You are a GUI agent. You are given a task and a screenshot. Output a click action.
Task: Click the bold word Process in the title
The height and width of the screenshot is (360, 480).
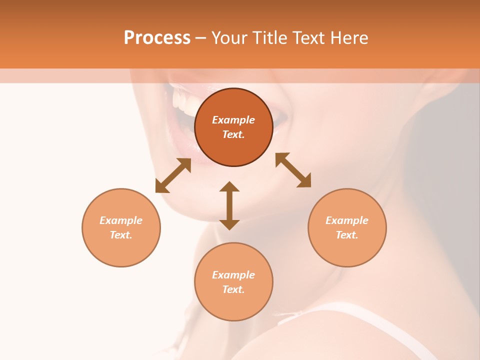157,38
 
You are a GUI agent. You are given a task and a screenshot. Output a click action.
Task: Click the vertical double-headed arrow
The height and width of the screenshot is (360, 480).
229,205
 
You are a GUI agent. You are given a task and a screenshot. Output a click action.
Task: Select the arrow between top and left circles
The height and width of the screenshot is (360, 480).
173,175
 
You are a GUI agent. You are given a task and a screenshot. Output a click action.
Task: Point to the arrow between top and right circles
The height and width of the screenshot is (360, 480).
293,170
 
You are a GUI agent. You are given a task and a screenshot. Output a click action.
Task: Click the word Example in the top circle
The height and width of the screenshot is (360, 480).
233,120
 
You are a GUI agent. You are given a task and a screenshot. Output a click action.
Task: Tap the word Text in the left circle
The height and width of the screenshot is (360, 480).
121,235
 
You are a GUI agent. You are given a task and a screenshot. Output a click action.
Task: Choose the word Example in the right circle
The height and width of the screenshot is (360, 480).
347,220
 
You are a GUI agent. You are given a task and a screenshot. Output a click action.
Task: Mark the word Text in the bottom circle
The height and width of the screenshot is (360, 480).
233,289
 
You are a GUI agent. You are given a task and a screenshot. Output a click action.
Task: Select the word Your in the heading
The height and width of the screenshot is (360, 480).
229,38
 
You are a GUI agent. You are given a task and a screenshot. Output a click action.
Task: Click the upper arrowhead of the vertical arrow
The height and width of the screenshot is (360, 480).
229,186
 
